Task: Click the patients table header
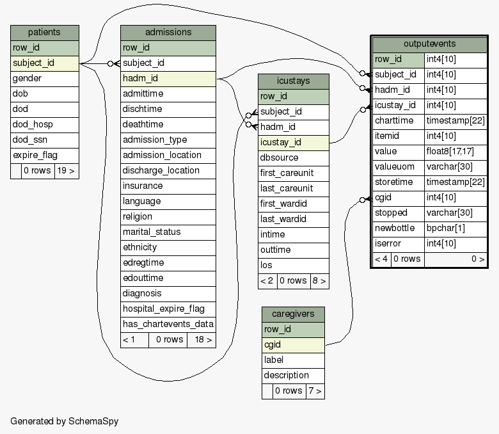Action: tap(45, 33)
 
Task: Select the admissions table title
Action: tap(168, 33)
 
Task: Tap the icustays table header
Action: tap(294, 81)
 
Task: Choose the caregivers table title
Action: tap(293, 314)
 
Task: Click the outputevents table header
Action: tap(430, 44)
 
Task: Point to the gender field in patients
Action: tap(45, 79)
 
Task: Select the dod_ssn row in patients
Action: tap(45, 140)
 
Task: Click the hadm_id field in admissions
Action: tap(168, 79)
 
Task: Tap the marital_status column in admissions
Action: tap(168, 232)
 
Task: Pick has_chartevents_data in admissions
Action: tap(168, 324)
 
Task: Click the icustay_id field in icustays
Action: tap(294, 143)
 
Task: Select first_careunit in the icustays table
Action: tap(294, 173)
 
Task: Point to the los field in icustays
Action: tap(294, 266)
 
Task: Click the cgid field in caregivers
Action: tap(293, 345)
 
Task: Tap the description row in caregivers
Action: tap(293, 376)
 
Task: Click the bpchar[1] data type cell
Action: tap(455, 229)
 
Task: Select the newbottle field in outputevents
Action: tap(399, 229)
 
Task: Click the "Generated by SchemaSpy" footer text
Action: tap(64, 421)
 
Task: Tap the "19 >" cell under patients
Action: tap(67, 171)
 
